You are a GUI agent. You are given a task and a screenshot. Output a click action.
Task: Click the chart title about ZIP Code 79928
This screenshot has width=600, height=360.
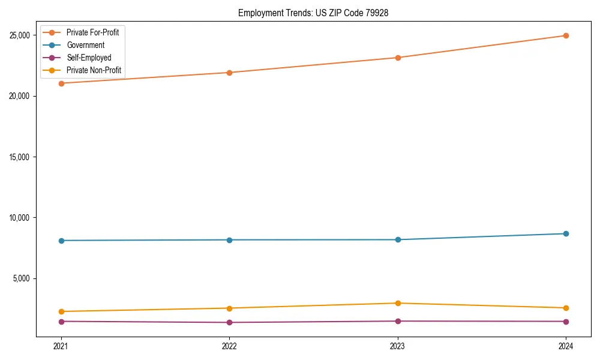tap(313, 13)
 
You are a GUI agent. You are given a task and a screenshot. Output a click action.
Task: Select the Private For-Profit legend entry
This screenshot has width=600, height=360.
tap(92, 32)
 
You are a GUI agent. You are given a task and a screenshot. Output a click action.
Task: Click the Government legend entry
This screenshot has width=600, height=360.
tap(85, 45)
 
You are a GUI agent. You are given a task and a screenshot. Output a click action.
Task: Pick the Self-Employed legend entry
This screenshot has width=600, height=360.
tap(89, 58)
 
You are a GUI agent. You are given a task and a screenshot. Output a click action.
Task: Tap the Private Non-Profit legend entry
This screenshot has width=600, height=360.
tap(94, 70)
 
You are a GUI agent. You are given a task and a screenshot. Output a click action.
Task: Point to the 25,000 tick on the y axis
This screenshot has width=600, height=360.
tap(21, 35)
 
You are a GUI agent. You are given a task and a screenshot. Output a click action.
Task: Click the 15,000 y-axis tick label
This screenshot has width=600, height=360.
tap(21, 157)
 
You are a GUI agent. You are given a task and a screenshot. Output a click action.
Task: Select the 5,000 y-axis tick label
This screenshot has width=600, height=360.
tap(23, 278)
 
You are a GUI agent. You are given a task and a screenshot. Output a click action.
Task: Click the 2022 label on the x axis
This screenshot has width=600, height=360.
tap(229, 346)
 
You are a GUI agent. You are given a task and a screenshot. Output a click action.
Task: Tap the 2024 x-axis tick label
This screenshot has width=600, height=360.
tap(566, 346)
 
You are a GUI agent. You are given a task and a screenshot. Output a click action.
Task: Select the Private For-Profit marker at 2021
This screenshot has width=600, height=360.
tap(61, 83)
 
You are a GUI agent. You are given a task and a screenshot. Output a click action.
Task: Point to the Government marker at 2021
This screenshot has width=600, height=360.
tap(61, 241)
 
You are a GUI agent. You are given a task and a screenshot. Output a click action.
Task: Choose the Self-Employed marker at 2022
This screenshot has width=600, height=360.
tap(229, 322)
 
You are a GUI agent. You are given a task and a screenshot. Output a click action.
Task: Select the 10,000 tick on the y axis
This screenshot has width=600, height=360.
tap(21, 218)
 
